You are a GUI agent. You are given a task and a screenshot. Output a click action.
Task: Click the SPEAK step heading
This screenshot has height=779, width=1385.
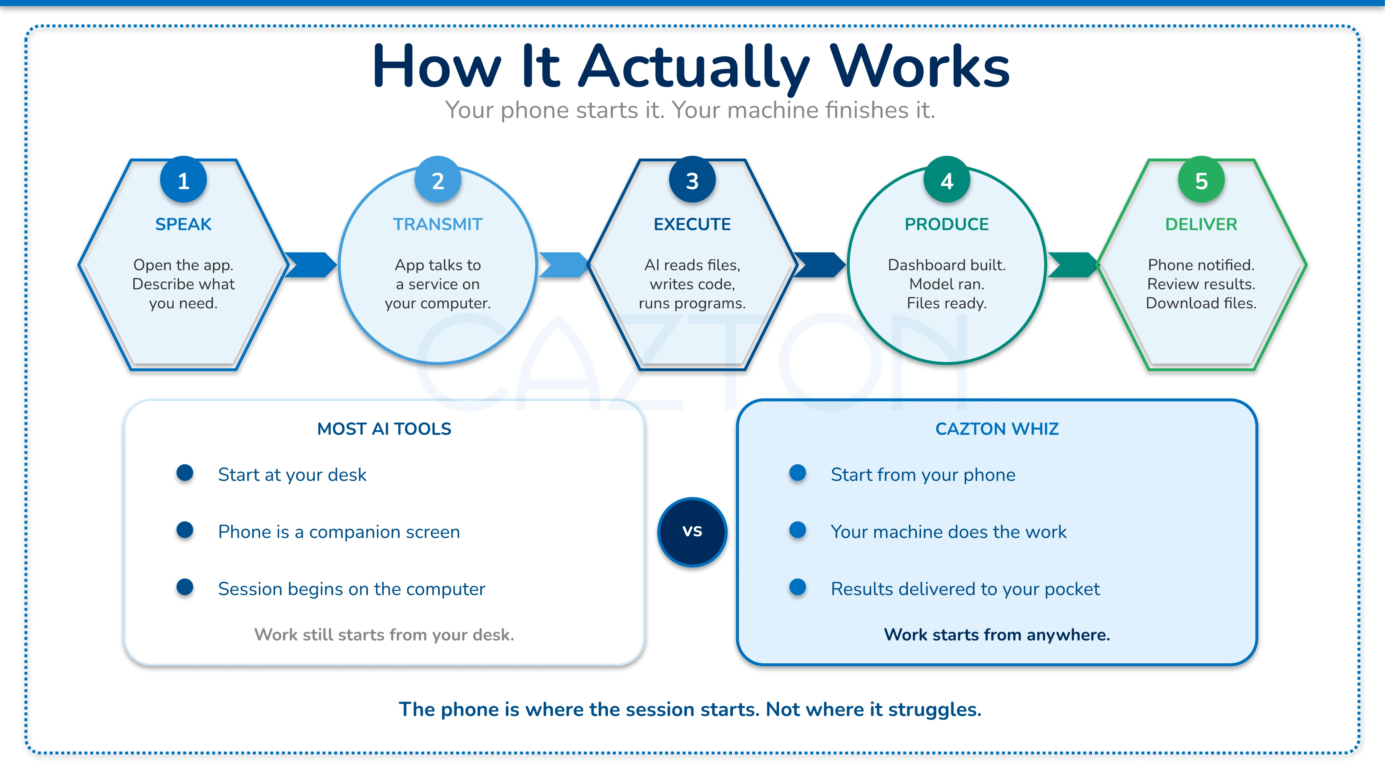(x=184, y=224)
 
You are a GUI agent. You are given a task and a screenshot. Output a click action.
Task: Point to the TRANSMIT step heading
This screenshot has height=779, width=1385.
(x=438, y=224)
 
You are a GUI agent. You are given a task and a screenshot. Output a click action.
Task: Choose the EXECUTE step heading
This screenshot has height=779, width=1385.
(x=692, y=224)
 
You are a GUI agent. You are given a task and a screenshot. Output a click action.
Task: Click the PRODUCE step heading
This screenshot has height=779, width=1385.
(x=946, y=224)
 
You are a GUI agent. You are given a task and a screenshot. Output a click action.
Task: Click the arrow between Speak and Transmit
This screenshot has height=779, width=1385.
(x=311, y=265)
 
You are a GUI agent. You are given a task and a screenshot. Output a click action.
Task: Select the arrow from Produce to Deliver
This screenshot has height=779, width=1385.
(x=1073, y=265)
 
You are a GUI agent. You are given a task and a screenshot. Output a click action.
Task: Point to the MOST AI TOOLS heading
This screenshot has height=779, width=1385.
(x=384, y=429)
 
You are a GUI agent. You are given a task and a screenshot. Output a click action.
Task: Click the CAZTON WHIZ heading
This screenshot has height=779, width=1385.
(x=997, y=429)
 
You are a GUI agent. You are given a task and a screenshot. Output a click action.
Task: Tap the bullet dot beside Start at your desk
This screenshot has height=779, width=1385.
(x=185, y=473)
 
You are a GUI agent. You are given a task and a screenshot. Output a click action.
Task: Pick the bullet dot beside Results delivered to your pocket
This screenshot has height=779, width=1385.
(x=797, y=587)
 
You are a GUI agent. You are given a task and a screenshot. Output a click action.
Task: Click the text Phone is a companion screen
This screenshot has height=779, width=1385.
(x=339, y=532)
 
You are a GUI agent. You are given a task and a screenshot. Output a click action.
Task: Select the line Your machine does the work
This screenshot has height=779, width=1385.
(x=948, y=532)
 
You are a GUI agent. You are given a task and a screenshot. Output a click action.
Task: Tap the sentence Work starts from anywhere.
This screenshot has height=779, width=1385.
(x=997, y=635)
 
